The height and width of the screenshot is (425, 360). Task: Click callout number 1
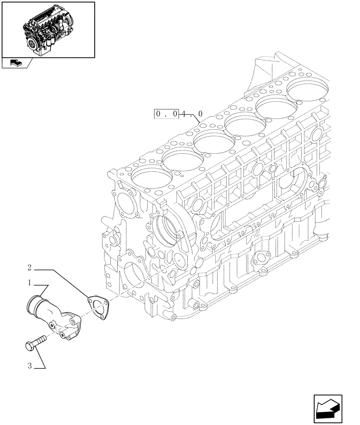[x=29, y=282]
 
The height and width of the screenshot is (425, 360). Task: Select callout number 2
[x=29, y=267]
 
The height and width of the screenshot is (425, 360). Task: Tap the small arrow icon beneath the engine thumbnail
[x=14, y=63]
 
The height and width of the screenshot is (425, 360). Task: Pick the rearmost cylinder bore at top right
[x=308, y=89]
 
